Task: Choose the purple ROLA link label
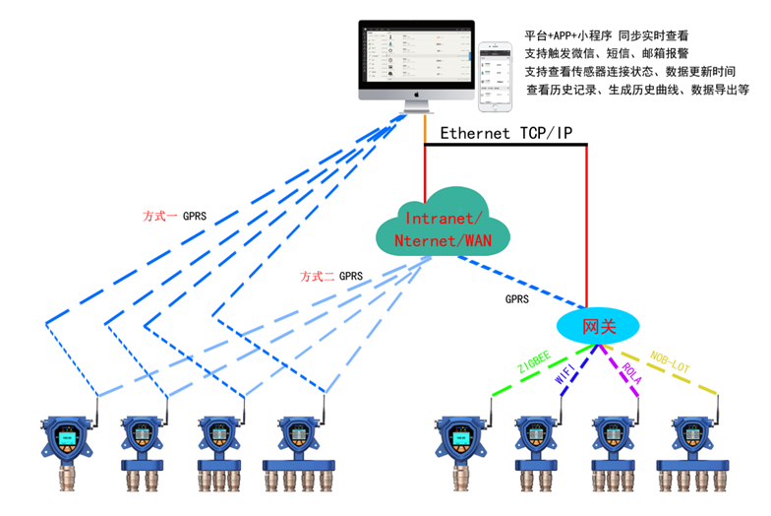(x=630, y=374)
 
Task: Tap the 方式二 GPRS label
(x=331, y=277)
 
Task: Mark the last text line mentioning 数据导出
(x=637, y=89)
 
